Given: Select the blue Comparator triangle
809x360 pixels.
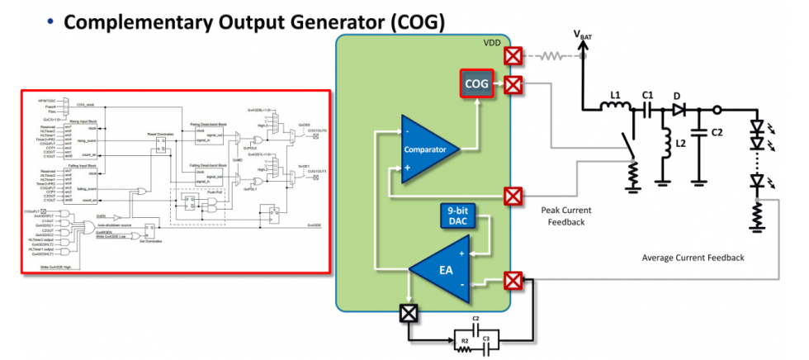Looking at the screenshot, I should coord(433,149).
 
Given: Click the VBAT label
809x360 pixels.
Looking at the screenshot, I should coord(586,34).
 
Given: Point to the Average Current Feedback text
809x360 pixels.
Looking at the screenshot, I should coord(693,258).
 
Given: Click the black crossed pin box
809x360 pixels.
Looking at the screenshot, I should coord(409,313).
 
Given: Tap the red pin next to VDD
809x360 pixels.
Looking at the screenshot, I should coord(513,55).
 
